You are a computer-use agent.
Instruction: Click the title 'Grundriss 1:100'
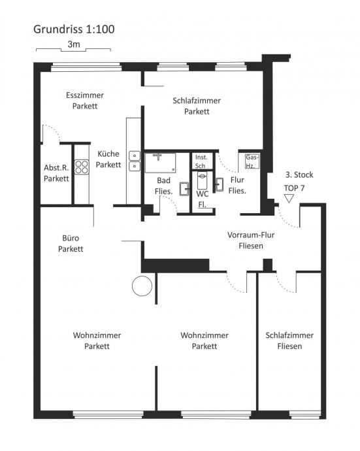tap(74, 29)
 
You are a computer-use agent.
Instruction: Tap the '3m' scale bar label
tap(74, 44)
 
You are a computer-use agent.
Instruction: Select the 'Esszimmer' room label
tap(85, 95)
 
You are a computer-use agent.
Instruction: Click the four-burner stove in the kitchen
tap(82, 167)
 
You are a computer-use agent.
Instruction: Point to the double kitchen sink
tap(135, 161)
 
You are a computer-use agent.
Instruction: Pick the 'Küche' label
tap(108, 154)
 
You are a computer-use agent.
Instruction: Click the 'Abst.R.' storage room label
tap(56, 168)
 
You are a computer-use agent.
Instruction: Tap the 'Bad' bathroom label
tap(163, 180)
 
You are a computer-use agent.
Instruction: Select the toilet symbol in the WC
tap(202, 180)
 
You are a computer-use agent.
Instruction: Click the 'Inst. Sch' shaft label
tap(201, 161)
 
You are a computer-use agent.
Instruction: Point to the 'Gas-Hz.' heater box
tap(252, 161)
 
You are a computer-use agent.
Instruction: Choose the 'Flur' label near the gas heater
tap(237, 180)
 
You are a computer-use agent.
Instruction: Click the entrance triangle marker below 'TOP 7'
tap(289, 199)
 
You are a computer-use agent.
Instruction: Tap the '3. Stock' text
tap(299, 175)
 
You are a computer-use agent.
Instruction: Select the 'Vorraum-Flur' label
tap(251, 235)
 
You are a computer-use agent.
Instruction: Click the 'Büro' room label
tap(71, 238)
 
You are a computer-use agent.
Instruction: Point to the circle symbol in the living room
tap(142, 286)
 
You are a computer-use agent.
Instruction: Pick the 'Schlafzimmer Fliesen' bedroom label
tap(289, 341)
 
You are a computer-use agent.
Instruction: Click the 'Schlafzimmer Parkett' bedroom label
tap(197, 106)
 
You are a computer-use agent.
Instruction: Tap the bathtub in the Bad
tap(160, 163)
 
